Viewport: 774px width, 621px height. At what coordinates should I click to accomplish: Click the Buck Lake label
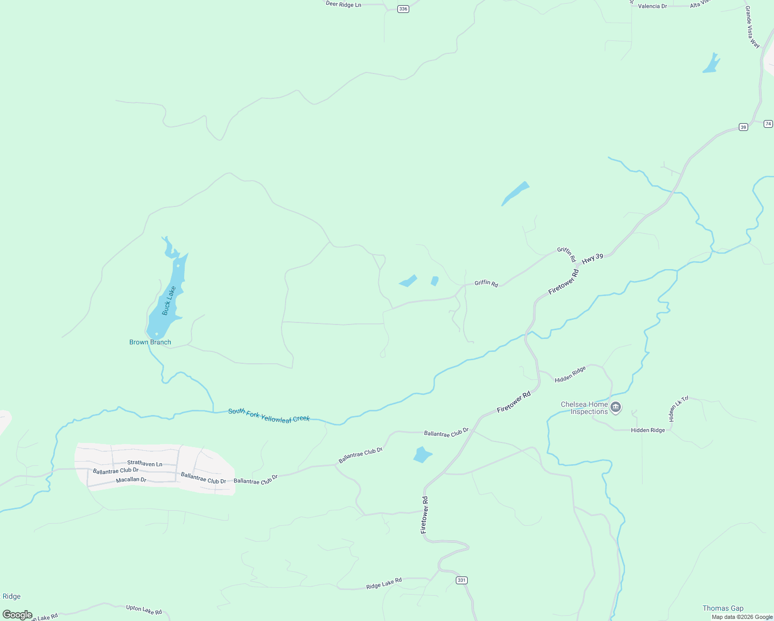click(169, 301)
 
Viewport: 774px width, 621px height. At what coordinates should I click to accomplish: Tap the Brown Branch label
click(150, 342)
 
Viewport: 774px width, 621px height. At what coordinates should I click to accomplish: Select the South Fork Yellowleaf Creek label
click(269, 415)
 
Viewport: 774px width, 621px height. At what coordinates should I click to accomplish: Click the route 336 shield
click(403, 9)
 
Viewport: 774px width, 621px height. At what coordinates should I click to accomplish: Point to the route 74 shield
click(768, 124)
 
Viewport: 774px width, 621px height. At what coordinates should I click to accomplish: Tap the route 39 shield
click(743, 127)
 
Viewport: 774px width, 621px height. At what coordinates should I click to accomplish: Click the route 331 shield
click(462, 580)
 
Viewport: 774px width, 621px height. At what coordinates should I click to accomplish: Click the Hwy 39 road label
click(592, 259)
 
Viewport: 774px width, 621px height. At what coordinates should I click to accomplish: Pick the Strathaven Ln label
click(145, 464)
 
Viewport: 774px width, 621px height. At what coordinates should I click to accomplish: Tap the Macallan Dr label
click(131, 480)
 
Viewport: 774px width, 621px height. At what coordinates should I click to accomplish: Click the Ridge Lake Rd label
click(384, 584)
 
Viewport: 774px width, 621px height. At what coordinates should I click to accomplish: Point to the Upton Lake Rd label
click(144, 610)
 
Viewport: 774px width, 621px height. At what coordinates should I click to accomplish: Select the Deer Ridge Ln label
click(344, 4)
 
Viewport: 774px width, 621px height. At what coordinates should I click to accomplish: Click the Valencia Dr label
click(652, 6)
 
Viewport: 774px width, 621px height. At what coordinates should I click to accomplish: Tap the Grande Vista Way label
click(752, 27)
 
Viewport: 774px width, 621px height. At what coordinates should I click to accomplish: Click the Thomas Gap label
click(723, 608)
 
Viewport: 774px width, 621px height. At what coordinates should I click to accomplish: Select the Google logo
click(18, 615)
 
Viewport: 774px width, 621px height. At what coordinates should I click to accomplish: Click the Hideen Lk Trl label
click(679, 409)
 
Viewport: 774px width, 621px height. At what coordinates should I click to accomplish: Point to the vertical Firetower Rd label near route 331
click(424, 515)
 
